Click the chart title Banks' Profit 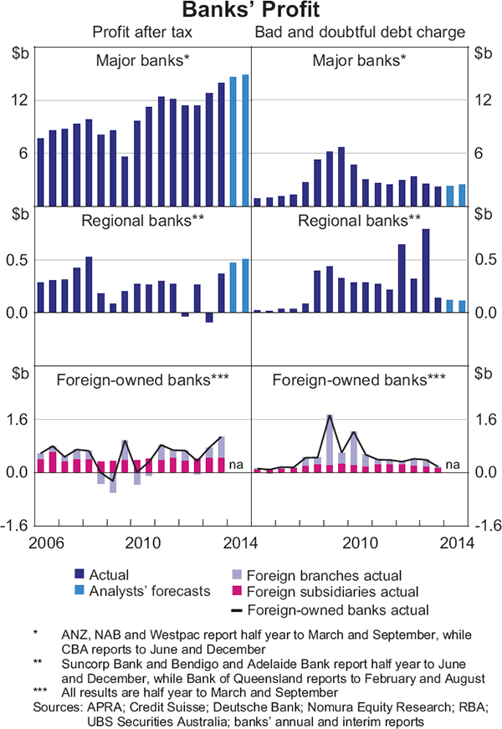pyautogui.click(x=251, y=12)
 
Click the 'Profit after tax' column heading pyautogui.click(x=143, y=33)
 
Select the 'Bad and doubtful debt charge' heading pyautogui.click(x=359, y=33)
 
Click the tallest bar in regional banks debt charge pyautogui.click(x=426, y=270)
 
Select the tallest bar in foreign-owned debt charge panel pyautogui.click(x=330, y=443)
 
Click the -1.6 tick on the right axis pyautogui.click(x=484, y=525)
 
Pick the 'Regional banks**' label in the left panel pyautogui.click(x=143, y=222)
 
